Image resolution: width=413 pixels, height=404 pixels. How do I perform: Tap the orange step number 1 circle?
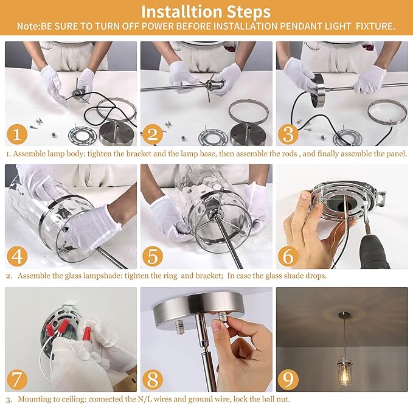(x=17, y=134)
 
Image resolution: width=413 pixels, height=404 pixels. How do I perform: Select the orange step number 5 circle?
(x=153, y=256)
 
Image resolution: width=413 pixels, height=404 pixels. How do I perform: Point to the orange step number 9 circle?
(x=288, y=380)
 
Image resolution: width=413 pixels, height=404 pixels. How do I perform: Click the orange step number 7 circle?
(x=17, y=380)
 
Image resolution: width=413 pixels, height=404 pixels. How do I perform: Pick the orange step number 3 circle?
(x=288, y=134)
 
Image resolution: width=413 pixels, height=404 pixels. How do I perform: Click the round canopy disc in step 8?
(x=198, y=308)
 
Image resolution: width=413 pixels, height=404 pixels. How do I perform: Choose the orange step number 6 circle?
(x=288, y=256)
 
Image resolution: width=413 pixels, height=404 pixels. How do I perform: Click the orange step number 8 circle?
(x=153, y=380)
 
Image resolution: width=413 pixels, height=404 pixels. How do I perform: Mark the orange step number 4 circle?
(x=17, y=256)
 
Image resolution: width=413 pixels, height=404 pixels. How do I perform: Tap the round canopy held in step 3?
(x=319, y=90)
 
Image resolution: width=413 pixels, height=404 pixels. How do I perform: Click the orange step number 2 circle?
(x=153, y=134)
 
